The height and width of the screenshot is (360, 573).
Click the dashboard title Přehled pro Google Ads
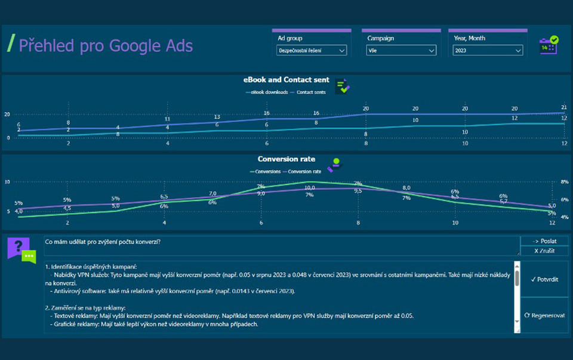coord(106,45)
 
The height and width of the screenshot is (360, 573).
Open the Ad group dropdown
coord(312,51)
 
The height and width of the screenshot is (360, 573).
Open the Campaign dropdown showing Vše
coord(401,51)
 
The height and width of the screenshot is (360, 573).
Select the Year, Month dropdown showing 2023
coord(485,51)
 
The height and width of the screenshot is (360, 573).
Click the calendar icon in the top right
coord(549,45)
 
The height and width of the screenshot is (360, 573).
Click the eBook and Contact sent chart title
coord(286,80)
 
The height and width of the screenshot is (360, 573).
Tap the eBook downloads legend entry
coord(266,92)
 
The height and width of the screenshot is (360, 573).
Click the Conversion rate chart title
coord(286,159)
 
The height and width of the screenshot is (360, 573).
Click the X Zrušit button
coord(544,251)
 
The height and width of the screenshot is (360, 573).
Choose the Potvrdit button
coord(544,279)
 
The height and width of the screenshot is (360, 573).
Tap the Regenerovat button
coord(544,315)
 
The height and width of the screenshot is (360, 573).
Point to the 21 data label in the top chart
coord(563,107)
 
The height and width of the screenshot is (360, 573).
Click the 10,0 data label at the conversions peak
coord(310,188)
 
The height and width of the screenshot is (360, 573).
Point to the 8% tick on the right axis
coord(564,181)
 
